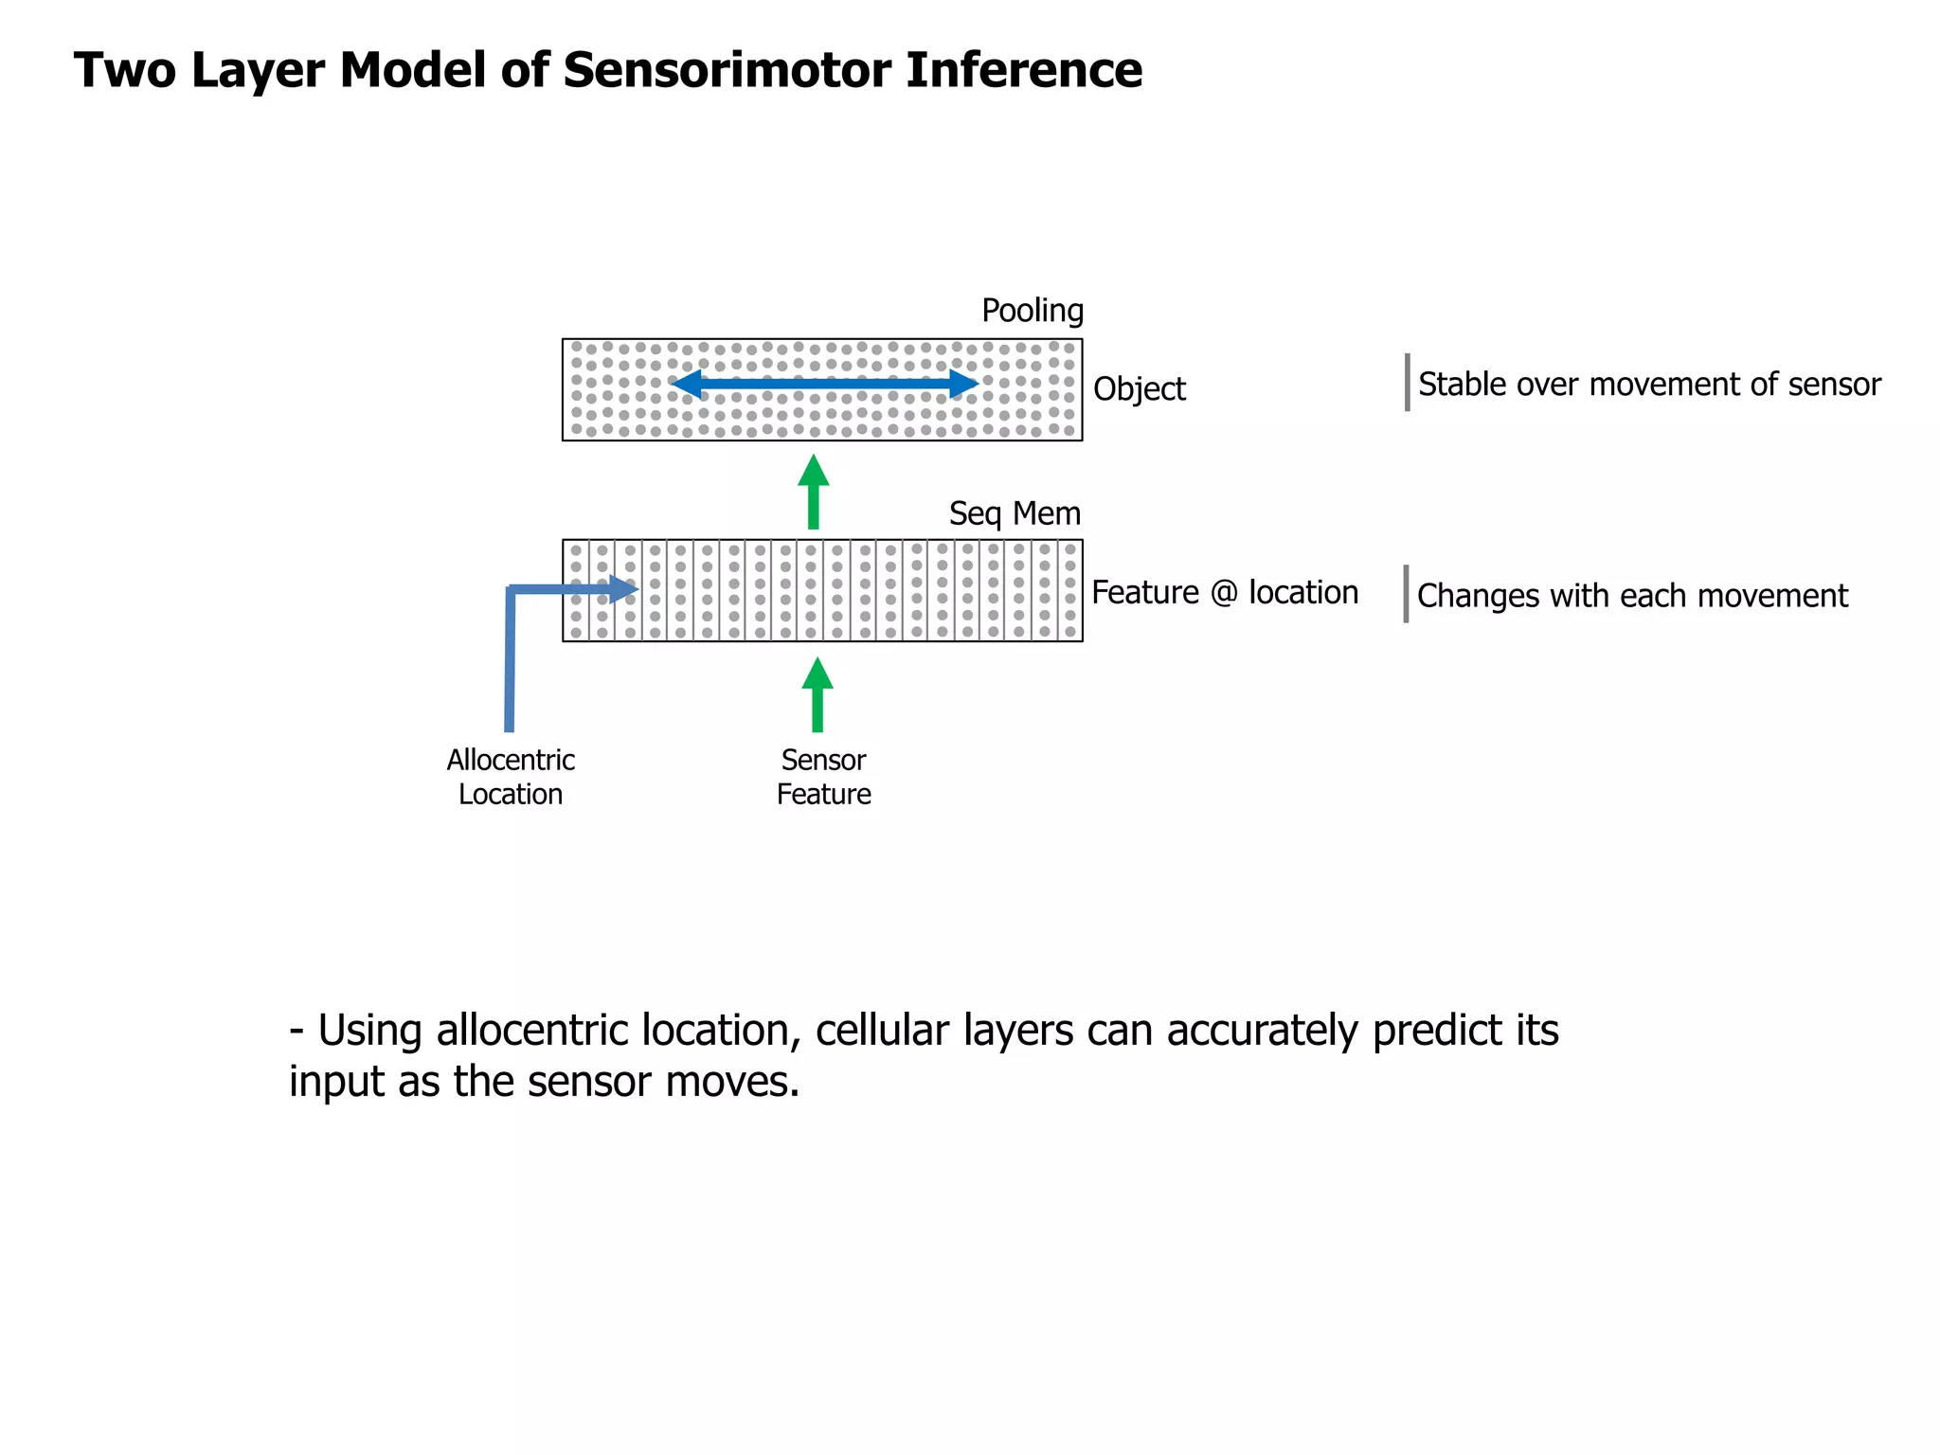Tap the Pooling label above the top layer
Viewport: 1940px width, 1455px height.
pos(1032,311)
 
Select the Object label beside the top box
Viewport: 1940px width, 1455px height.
pos(1139,389)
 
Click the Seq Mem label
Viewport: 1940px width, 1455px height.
pos(1015,513)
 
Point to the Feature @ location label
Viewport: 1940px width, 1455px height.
pos(1224,593)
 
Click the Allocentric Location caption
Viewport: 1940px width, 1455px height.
pos(511,777)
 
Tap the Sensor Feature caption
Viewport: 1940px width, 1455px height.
pos(823,777)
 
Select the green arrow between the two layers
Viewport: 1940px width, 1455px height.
pos(813,492)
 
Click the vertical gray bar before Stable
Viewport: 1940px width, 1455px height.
pos(1407,383)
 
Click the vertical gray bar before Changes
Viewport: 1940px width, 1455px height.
pos(1406,594)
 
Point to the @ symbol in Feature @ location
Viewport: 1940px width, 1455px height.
pos(1224,594)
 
